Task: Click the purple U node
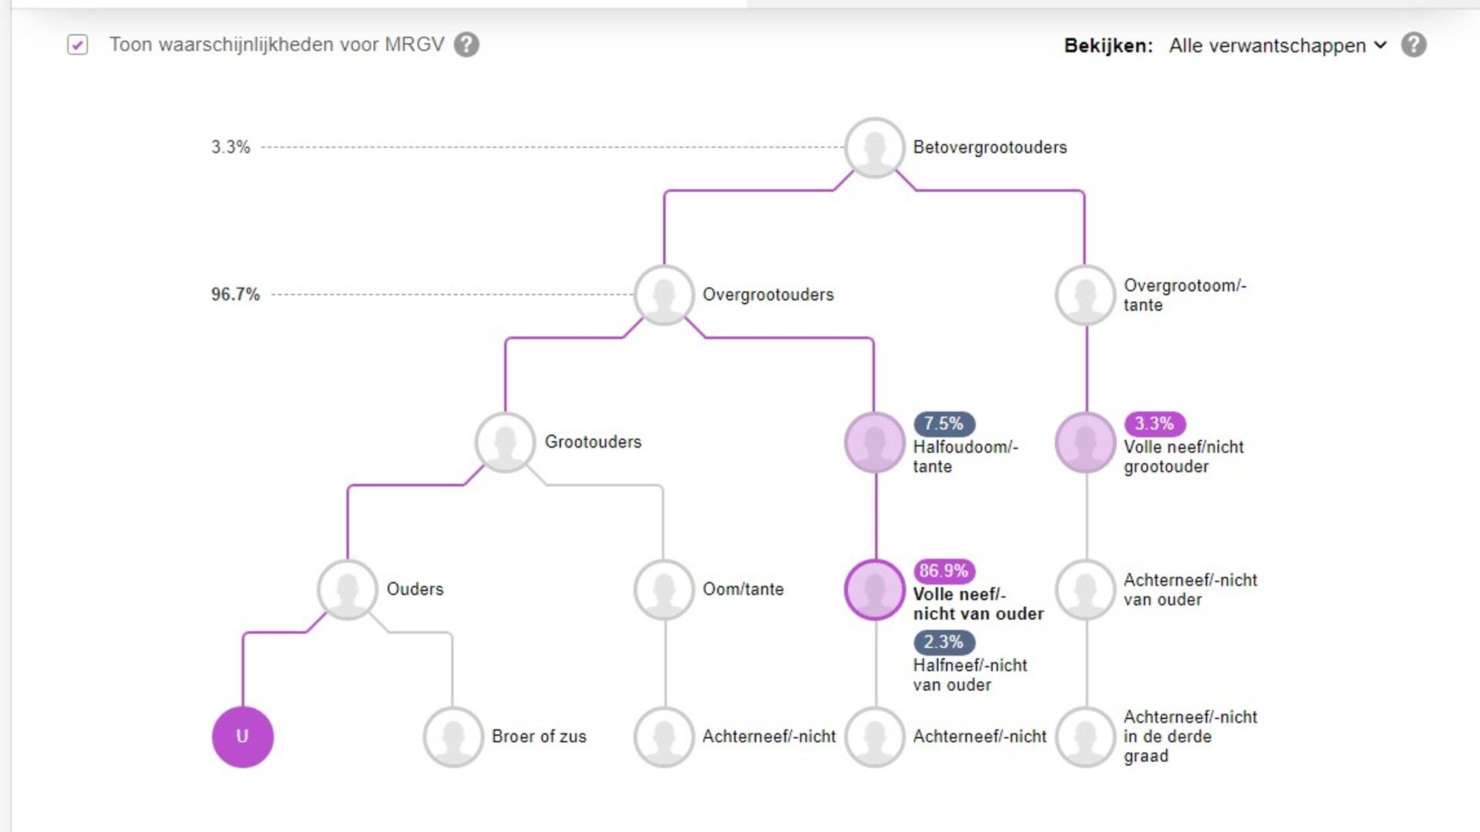(x=243, y=736)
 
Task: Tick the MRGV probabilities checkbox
(x=77, y=45)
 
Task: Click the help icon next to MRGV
(x=466, y=45)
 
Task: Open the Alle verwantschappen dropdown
(x=1277, y=45)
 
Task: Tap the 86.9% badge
(x=943, y=571)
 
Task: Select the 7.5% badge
(x=943, y=424)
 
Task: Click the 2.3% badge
(x=943, y=642)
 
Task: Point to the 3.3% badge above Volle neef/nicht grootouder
(x=1154, y=424)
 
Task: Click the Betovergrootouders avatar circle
(x=875, y=147)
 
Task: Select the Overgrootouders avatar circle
(x=664, y=294)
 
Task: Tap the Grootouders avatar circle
(x=505, y=442)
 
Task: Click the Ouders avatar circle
(x=348, y=589)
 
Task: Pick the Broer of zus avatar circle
(x=453, y=736)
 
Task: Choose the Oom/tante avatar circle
(x=664, y=589)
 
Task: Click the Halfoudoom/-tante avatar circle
(x=875, y=442)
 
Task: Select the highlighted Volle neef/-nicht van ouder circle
(x=875, y=589)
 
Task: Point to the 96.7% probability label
(x=235, y=294)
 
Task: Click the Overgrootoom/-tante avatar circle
(x=1085, y=294)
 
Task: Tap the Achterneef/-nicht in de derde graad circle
(x=1085, y=736)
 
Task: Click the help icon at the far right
(x=1414, y=45)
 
